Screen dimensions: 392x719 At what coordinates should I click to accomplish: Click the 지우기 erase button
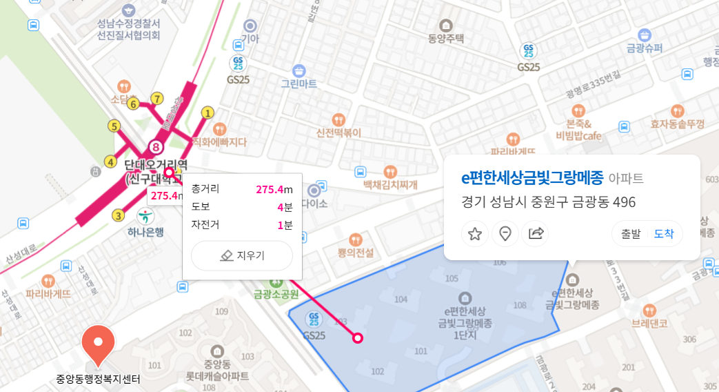(x=242, y=255)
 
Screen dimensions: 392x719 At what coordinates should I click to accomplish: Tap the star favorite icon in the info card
(x=475, y=233)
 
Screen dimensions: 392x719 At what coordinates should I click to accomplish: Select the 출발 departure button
(x=631, y=233)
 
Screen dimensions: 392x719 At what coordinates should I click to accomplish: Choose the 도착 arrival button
(x=664, y=233)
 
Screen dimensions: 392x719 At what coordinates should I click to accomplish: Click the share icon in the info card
(x=536, y=233)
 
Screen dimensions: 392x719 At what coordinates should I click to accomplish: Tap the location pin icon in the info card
(x=505, y=233)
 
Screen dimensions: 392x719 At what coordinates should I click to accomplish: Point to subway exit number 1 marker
(x=207, y=112)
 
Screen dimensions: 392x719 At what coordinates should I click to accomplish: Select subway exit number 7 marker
(x=158, y=98)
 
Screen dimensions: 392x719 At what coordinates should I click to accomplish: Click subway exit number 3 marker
(x=119, y=215)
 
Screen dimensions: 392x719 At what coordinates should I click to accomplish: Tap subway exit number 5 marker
(x=114, y=126)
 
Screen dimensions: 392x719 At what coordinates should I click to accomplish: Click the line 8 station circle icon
(x=156, y=147)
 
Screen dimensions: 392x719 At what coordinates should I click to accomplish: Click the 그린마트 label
(x=298, y=84)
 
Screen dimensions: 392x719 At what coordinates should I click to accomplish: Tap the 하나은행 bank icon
(x=145, y=215)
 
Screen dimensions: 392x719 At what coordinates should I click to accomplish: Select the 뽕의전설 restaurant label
(x=356, y=253)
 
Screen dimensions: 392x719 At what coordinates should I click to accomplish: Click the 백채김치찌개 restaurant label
(x=391, y=185)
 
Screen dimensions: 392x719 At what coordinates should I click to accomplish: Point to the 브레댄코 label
(x=649, y=323)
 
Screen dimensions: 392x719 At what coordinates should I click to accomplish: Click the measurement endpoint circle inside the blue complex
(x=358, y=337)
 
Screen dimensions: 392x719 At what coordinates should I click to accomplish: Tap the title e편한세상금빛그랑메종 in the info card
(x=532, y=177)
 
